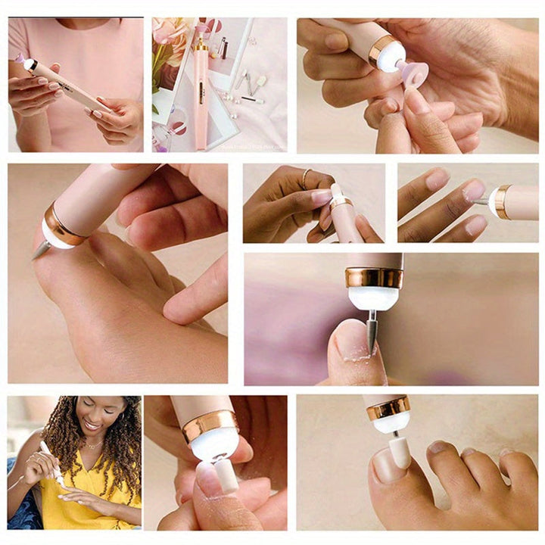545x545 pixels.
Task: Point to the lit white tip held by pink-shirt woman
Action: coord(30,64)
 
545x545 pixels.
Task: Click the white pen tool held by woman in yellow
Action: coord(51,462)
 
